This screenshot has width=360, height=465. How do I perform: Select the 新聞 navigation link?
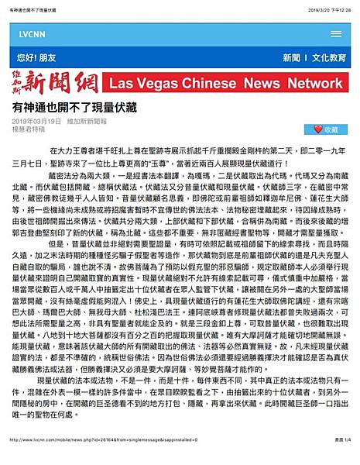pyautogui.click(x=292, y=58)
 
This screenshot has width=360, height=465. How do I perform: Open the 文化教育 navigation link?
pyautogui.click(x=329, y=58)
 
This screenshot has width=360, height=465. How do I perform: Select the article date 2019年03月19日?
pyautogui.click(x=37, y=122)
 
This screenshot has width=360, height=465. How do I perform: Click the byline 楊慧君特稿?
pyautogui.click(x=30, y=130)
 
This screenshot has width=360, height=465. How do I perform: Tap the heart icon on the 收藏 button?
pyautogui.click(x=317, y=129)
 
